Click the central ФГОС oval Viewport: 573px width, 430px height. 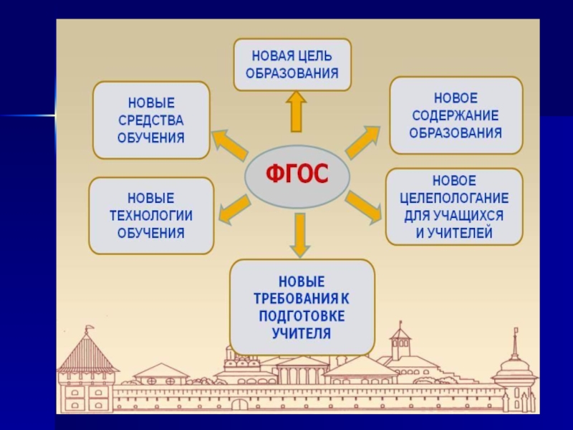pos(297,174)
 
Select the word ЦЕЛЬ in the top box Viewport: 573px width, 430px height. pos(319,55)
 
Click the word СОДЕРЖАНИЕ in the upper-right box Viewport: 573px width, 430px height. pos(455,115)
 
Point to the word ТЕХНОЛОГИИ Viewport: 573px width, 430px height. pos(150,214)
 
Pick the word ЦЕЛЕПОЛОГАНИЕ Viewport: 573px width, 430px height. pos(456,197)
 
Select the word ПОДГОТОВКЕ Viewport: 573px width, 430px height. pos(302,315)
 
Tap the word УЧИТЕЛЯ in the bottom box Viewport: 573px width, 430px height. pos(302,333)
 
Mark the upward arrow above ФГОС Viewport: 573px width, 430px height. pos(296,113)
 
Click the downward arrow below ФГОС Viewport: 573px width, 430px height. pos(300,234)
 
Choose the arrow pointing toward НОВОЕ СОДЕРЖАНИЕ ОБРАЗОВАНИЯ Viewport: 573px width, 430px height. pos(364,141)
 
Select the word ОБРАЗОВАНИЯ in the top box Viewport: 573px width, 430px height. pos(292,72)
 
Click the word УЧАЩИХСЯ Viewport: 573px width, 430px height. pos(473,214)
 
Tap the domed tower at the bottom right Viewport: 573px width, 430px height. pos(514,373)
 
